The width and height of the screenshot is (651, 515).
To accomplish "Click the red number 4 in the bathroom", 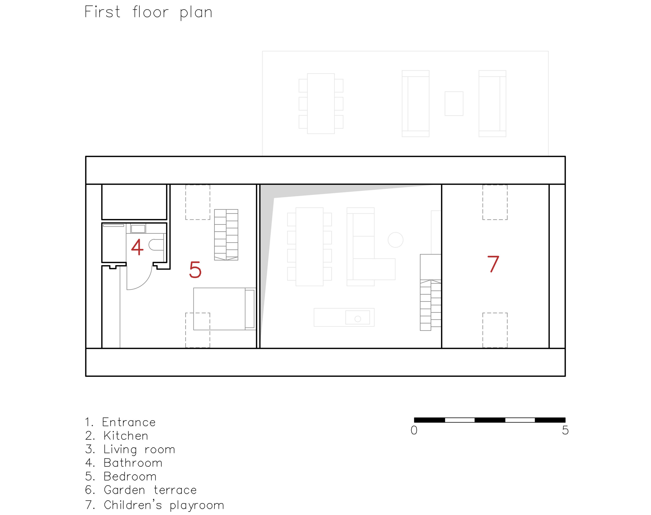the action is coord(137,247).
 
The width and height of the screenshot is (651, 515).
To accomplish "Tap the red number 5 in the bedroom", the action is coord(195,269).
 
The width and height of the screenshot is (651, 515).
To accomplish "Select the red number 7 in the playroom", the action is coord(493,264).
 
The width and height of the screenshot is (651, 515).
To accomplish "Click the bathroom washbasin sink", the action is coord(138,229).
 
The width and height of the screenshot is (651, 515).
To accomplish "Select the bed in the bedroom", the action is coord(224,309).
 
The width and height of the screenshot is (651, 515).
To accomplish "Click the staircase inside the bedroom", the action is coord(226,235).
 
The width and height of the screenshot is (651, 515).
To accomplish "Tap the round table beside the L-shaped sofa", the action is coord(395,240).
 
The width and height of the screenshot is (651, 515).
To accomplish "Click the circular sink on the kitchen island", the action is coord(358,319).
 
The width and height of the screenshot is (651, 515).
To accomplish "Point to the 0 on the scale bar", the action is coord(414,430).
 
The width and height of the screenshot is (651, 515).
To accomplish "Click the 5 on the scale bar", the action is coord(565,430).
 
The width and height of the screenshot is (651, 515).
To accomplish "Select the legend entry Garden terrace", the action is coord(150,490).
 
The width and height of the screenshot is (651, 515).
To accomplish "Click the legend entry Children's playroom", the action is coord(164,505).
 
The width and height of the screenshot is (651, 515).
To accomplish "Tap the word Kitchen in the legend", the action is coord(126,436).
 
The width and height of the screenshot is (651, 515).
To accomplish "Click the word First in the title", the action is coord(102,12).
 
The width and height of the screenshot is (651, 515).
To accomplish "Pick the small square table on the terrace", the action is coord(454,103).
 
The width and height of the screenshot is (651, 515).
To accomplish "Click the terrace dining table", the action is coord(321,103).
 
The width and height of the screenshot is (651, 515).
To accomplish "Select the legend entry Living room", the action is coord(139,449).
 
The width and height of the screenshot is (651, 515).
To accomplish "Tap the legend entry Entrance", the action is coord(129,422).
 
